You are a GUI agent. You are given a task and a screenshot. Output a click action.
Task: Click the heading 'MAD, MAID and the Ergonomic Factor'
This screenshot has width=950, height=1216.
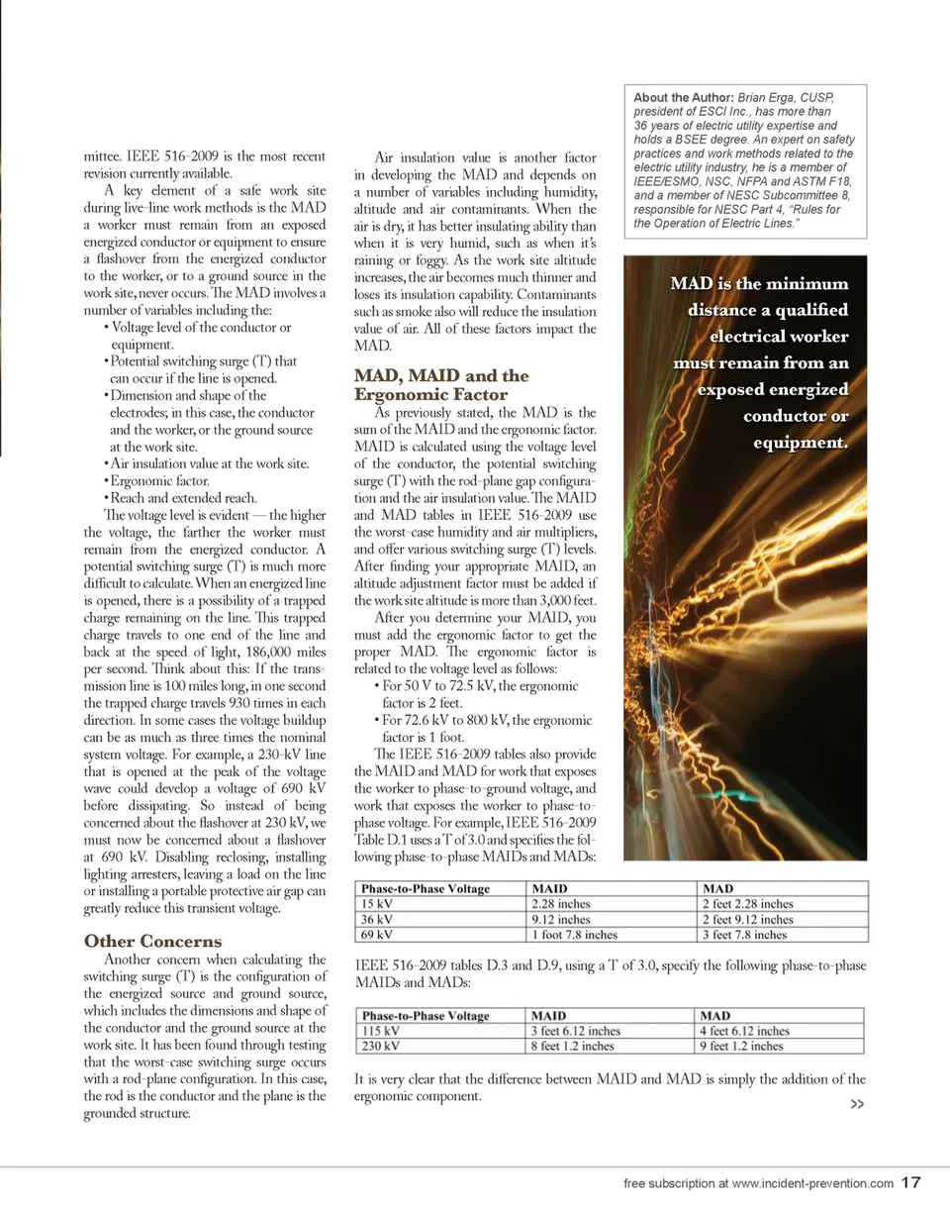pyautogui.click(x=441, y=385)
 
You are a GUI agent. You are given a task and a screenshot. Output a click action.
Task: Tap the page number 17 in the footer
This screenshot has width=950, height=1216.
pyautogui.click(x=911, y=1182)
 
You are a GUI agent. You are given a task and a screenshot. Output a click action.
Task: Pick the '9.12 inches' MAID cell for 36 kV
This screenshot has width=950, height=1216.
pyautogui.click(x=562, y=918)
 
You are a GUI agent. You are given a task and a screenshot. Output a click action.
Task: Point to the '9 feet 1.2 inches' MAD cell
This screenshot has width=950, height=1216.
pyautogui.click(x=741, y=1046)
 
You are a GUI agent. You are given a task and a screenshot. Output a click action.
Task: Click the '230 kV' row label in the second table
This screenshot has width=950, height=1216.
pyautogui.click(x=381, y=1046)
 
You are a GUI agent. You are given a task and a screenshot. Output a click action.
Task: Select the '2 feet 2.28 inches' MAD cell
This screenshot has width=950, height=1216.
pyautogui.click(x=747, y=903)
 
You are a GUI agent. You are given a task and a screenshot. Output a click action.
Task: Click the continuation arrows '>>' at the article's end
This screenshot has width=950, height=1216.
pyautogui.click(x=858, y=1105)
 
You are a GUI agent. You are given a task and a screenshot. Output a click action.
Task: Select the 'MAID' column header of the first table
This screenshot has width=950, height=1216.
pyautogui.click(x=551, y=888)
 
